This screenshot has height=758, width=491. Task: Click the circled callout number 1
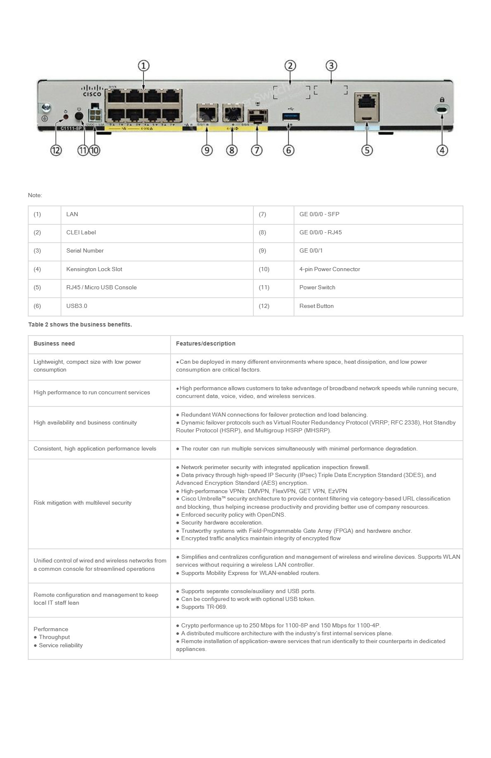tap(143, 66)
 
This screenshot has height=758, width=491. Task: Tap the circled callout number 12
tap(56, 150)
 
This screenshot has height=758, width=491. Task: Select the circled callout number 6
tap(289, 150)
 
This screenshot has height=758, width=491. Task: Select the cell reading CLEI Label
tap(81, 232)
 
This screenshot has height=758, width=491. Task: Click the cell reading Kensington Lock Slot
tap(94, 269)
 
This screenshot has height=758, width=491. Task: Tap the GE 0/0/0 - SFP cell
tap(319, 214)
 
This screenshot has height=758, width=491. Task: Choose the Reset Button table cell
tap(316, 306)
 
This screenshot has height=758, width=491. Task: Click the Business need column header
tap(54, 343)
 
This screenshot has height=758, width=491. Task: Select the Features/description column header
tap(206, 343)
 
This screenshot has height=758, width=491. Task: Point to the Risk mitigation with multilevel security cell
tap(83, 503)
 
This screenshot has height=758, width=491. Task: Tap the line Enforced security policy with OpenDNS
tap(233, 515)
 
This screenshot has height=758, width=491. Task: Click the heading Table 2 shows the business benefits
tap(80, 324)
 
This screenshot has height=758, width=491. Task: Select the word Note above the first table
tap(35, 195)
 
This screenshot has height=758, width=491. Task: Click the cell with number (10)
tap(264, 269)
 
